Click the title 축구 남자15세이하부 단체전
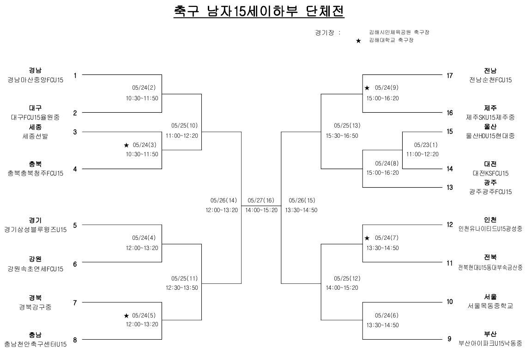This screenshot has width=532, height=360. click(x=259, y=12)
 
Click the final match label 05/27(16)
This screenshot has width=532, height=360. click(x=261, y=201)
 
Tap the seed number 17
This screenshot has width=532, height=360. click(x=449, y=75)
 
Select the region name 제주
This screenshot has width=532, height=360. click(x=490, y=109)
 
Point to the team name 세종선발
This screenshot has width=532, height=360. click(x=35, y=136)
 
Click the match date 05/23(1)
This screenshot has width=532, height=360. click(x=425, y=144)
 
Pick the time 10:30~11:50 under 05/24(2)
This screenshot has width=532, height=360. click(x=142, y=98)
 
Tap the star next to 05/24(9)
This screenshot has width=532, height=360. click(x=367, y=88)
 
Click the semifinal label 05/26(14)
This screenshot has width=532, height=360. click(x=224, y=201)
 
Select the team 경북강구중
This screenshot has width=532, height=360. click(x=35, y=306)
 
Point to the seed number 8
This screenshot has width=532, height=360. click(x=75, y=340)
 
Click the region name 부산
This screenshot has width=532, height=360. click(x=490, y=334)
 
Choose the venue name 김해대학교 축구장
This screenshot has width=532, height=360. click(x=391, y=41)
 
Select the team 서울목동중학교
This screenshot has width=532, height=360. click(x=490, y=306)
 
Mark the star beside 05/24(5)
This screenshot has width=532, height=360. click(x=126, y=316)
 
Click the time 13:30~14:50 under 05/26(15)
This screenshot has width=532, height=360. click(x=302, y=210)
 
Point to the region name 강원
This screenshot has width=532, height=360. click(x=35, y=259)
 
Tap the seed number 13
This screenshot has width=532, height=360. click(x=449, y=187)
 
